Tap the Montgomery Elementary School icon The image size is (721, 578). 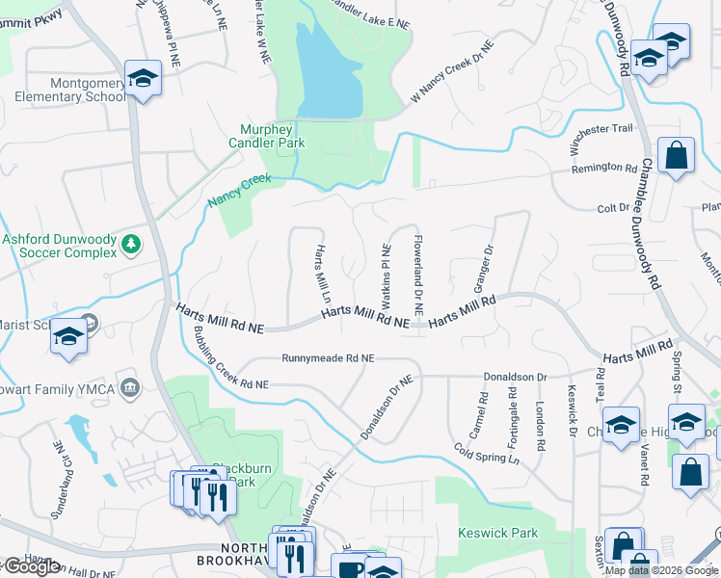(x=143, y=79)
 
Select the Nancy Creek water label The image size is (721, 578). (x=240, y=191)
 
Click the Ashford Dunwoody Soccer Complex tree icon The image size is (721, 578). (x=131, y=245)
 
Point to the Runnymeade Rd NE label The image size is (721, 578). (x=328, y=358)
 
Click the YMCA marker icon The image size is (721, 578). (x=131, y=388)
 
